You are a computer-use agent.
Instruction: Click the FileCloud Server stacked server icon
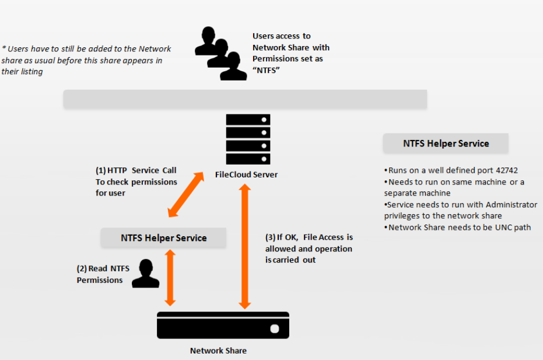point(248,139)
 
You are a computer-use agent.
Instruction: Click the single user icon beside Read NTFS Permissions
point(145,274)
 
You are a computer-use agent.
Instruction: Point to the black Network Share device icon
point(223,325)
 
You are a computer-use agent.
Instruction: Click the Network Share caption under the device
point(218,351)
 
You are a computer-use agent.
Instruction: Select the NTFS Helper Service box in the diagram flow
point(163,238)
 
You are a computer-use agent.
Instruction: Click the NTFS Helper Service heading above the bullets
point(446,144)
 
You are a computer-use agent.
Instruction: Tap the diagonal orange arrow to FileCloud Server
point(186,195)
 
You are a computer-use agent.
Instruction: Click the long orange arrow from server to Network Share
point(245,247)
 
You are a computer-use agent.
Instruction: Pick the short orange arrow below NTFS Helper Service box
point(170,278)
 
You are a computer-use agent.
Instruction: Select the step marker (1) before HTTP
point(100,170)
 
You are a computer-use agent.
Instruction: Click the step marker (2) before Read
point(82,269)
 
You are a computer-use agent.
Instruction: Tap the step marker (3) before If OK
point(270,237)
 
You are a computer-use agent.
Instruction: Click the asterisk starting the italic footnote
point(4,49)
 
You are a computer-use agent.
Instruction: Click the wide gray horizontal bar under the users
point(245,99)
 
